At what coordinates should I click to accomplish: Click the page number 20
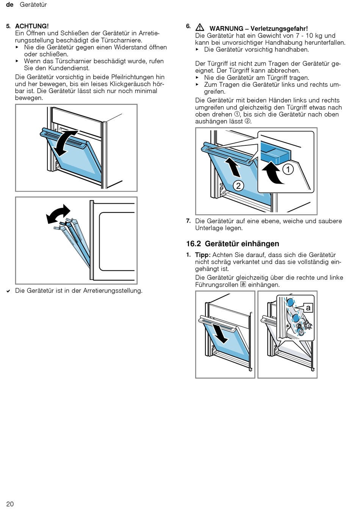10,504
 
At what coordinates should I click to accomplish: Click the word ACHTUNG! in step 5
32,26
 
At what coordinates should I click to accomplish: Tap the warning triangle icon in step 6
200,28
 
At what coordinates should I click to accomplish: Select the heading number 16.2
193,244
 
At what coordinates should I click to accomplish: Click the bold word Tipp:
203,255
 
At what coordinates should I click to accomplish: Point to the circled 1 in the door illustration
288,169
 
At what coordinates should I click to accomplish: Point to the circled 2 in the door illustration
238,186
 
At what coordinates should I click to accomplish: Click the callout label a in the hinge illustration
308,308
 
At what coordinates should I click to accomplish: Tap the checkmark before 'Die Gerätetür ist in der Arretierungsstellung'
8,291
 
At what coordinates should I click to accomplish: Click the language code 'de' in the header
10,5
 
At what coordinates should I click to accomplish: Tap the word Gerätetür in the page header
33,5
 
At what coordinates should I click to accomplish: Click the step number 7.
188,221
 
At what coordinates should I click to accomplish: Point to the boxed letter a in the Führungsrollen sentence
243,284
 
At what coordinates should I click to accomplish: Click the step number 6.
188,26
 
